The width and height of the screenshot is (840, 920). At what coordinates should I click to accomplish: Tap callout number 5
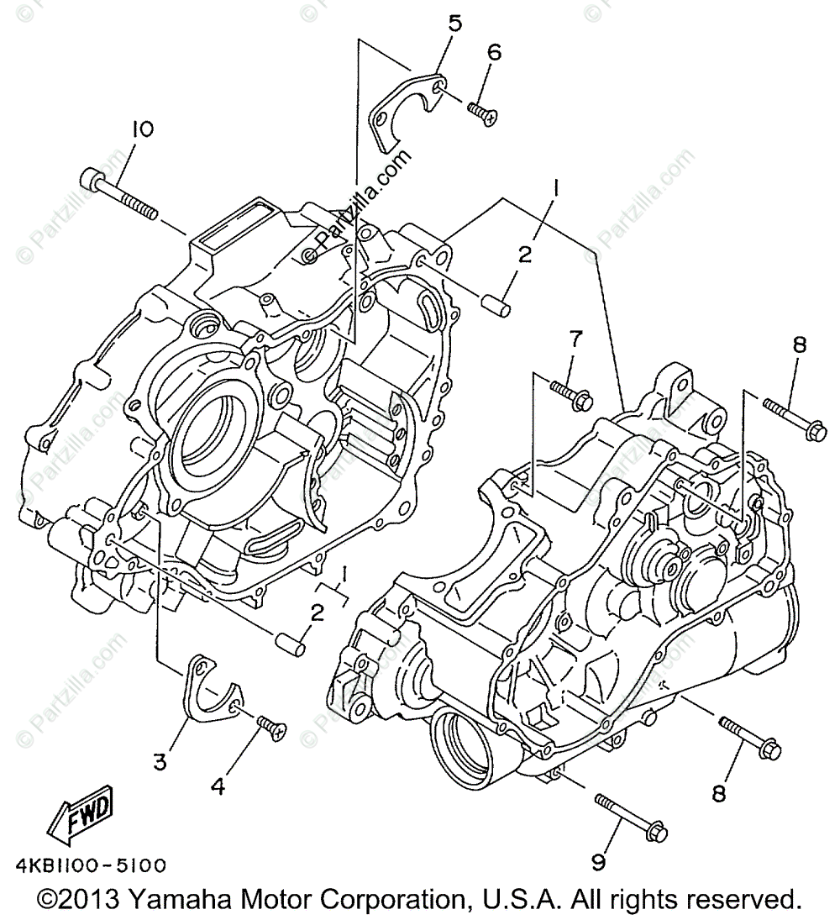(454, 24)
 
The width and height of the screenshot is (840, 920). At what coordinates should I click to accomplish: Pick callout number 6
(494, 52)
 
